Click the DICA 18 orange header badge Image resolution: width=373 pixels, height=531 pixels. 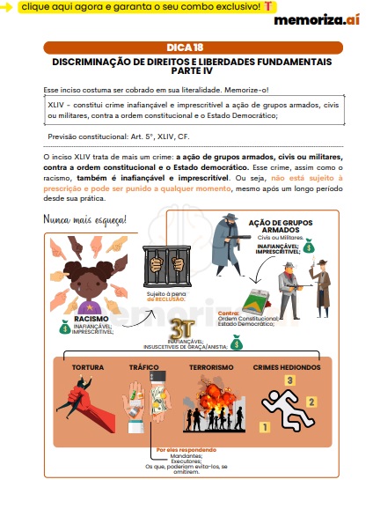pyautogui.click(x=186, y=48)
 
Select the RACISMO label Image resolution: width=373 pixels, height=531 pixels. pyautogui.click(x=91, y=319)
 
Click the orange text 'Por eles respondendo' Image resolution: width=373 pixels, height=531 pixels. pyautogui.click(x=178, y=449)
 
